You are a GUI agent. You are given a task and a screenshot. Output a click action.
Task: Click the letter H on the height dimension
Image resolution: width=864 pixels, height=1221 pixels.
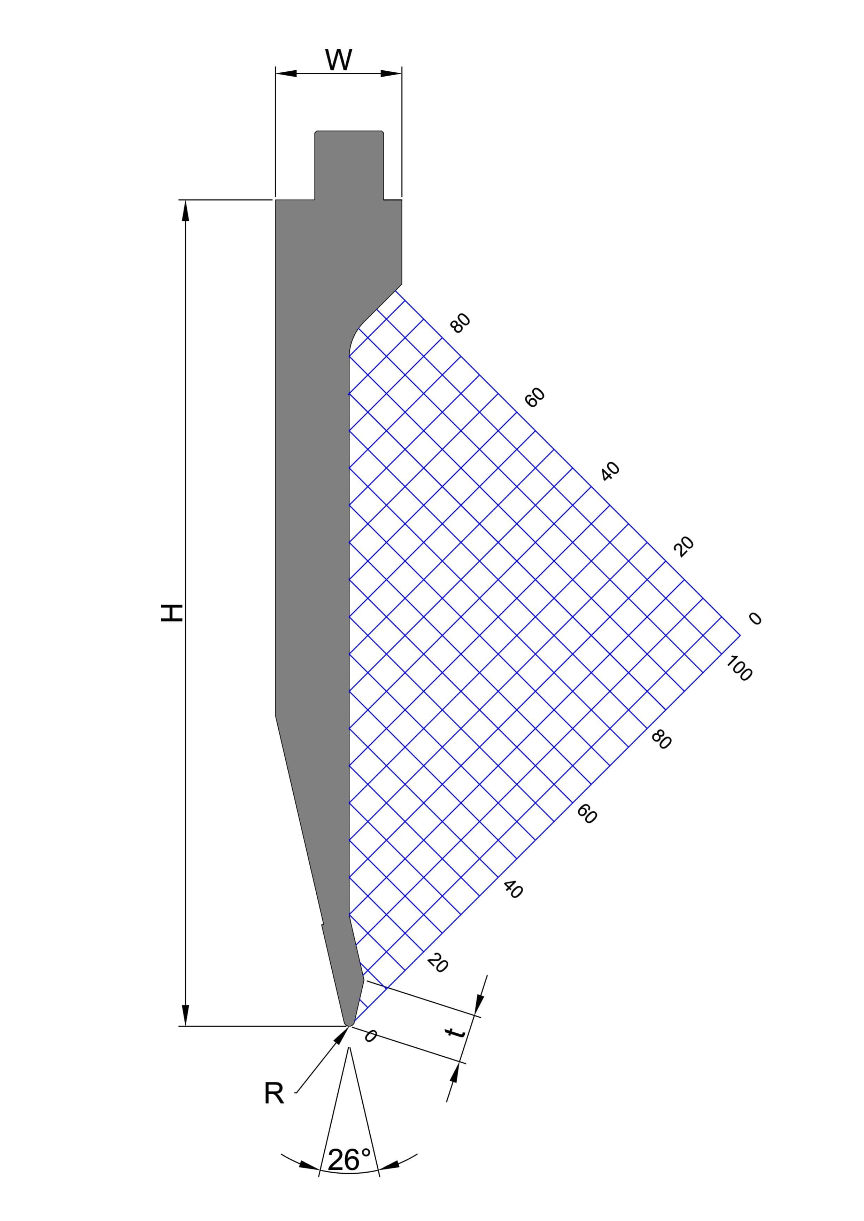(172, 613)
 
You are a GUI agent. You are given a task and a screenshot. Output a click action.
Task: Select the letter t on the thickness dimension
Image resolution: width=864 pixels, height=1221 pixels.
(455, 1032)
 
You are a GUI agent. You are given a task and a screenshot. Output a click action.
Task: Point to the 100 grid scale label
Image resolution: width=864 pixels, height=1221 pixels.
(739, 668)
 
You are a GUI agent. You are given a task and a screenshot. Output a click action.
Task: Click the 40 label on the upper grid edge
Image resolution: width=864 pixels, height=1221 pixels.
(610, 472)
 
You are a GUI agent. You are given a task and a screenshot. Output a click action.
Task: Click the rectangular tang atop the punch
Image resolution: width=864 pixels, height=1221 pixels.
(349, 165)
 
